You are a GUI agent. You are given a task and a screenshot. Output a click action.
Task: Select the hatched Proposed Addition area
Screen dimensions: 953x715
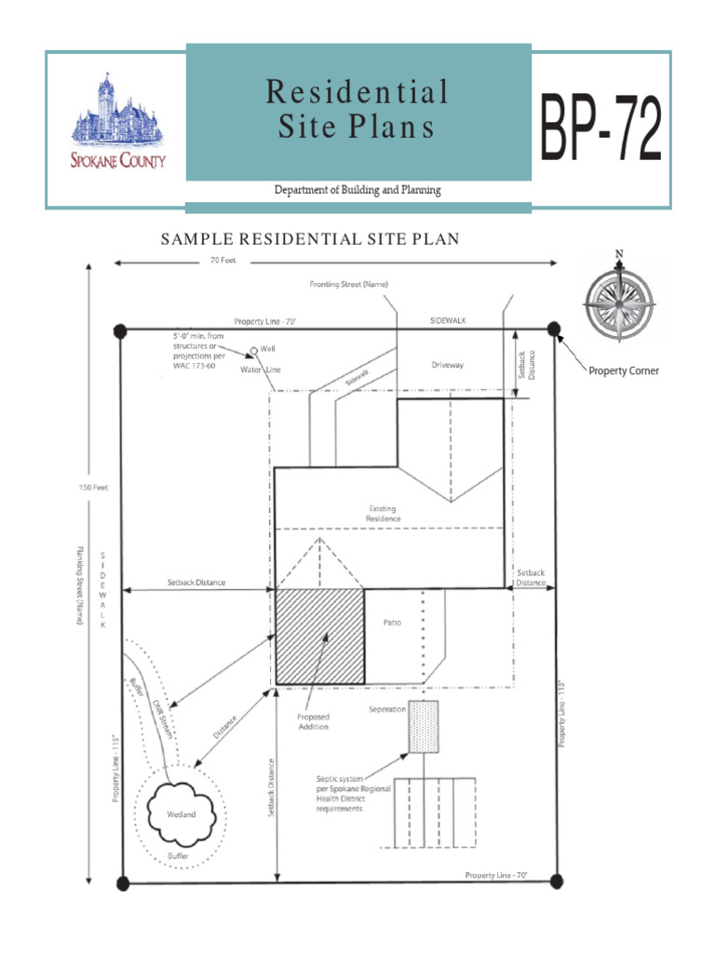[x=319, y=637]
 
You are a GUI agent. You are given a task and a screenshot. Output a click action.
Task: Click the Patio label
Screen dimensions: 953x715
[x=392, y=623]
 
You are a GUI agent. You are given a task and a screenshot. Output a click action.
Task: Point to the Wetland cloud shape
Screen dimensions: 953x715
[x=182, y=812]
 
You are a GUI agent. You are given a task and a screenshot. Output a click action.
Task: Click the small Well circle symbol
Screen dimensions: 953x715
[x=252, y=353]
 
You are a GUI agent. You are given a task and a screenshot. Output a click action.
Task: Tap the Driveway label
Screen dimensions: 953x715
[x=447, y=365]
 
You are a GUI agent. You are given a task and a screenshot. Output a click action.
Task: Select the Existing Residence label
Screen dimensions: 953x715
[x=383, y=513]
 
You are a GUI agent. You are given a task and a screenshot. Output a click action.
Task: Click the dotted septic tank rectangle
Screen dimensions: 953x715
[x=423, y=727]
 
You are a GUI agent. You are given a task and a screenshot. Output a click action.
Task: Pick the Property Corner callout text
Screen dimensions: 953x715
[x=624, y=370]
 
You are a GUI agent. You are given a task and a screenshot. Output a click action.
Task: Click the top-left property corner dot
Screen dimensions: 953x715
[x=120, y=329]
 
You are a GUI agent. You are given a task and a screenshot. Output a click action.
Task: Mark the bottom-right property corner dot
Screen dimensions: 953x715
[x=556, y=880]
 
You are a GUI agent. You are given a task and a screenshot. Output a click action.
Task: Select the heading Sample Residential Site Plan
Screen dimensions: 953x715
[x=310, y=239]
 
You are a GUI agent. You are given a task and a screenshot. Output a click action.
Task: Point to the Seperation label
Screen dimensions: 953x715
[x=387, y=709]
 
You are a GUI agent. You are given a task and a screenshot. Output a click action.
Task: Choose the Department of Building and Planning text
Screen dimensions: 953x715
[x=357, y=190]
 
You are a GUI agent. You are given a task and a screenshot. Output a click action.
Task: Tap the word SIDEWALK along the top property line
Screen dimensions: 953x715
[x=448, y=319]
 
